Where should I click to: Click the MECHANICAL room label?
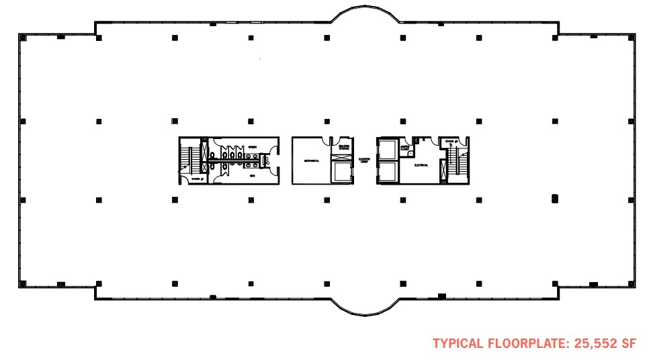pyautogui.click(x=310, y=161)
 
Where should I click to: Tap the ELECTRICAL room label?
pyautogui.click(x=422, y=165)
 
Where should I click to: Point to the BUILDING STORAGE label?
pyautogui.click(x=344, y=146)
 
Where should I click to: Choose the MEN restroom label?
pyautogui.click(x=253, y=176)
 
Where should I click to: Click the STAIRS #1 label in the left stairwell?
pyautogui.click(x=196, y=179)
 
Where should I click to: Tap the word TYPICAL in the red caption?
pyautogui.click(x=458, y=344)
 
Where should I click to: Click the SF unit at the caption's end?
pyautogui.click(x=628, y=344)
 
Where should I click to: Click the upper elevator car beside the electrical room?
pyautogui.click(x=388, y=150)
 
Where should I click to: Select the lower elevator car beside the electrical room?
pyautogui.click(x=388, y=172)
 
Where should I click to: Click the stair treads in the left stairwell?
pyautogui.click(x=192, y=159)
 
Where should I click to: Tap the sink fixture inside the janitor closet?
pyautogui.click(x=411, y=153)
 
